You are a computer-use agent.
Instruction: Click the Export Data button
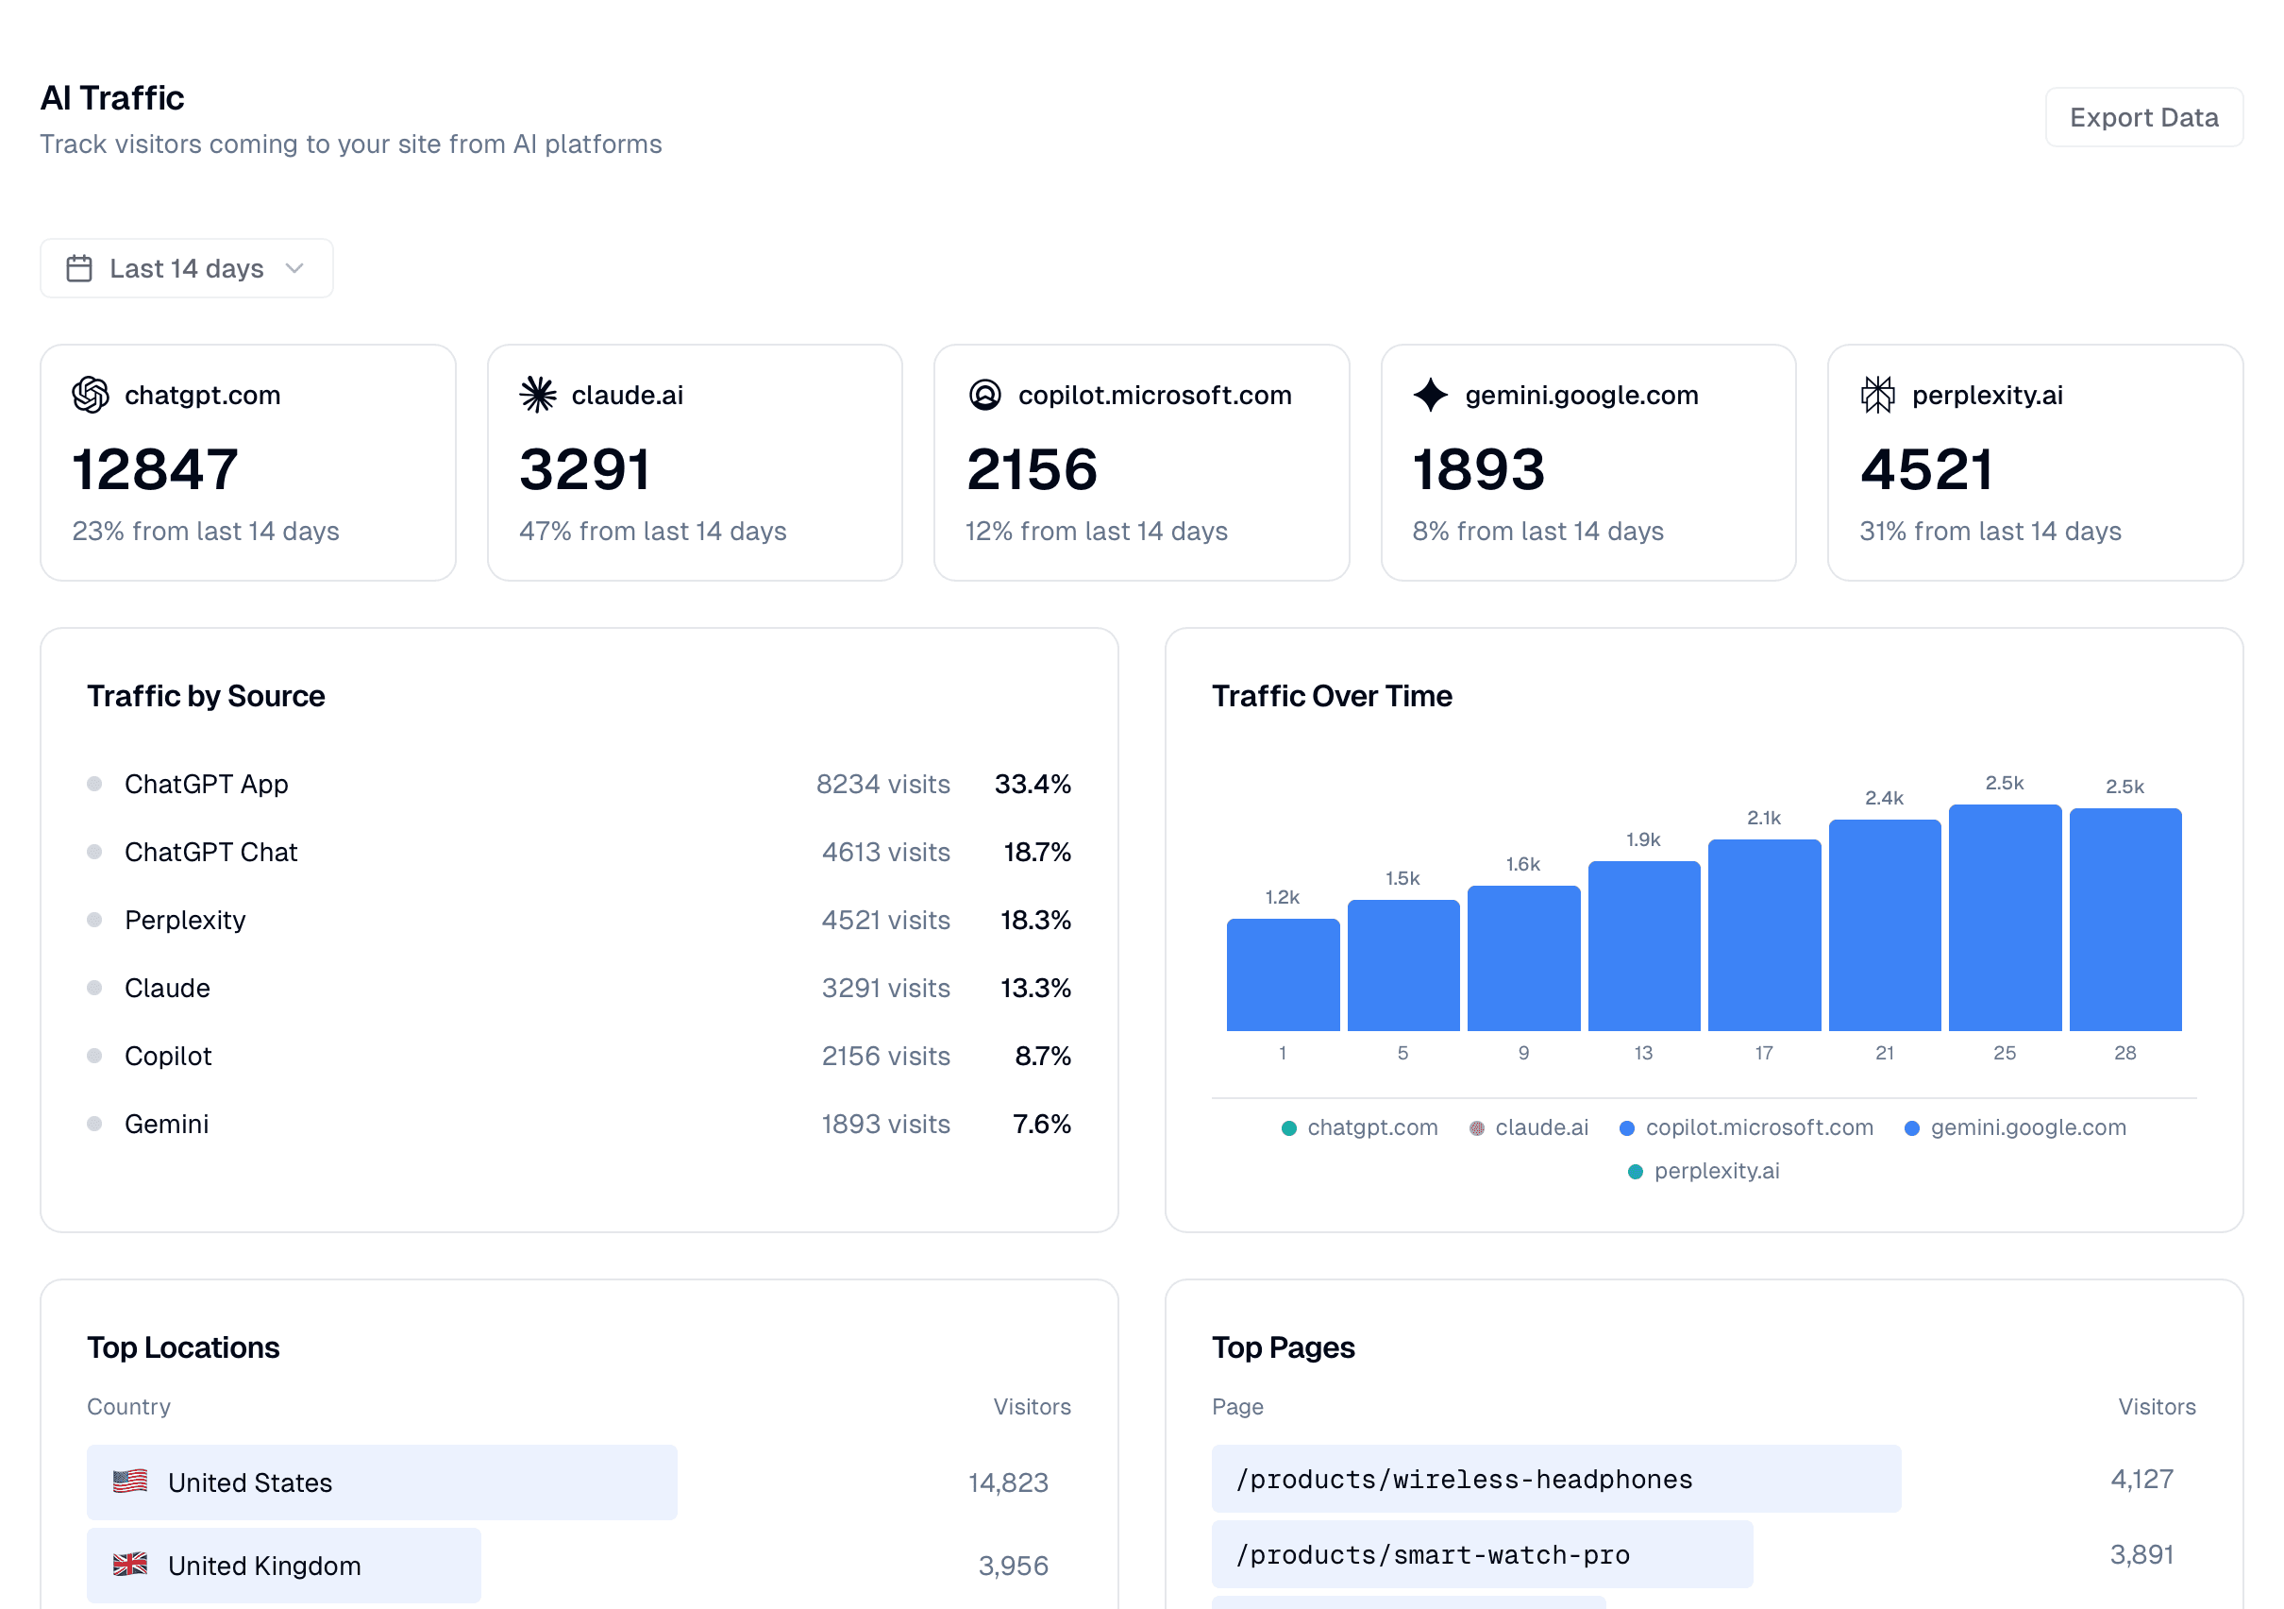(x=2142, y=117)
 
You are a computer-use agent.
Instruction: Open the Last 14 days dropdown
(x=186, y=269)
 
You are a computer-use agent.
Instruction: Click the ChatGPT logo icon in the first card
(x=91, y=395)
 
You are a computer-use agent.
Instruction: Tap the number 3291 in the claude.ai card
(x=585, y=469)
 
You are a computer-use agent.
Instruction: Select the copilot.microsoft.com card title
(x=1154, y=395)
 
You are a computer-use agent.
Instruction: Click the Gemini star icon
(x=1431, y=395)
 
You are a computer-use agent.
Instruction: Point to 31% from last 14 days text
(x=1990, y=532)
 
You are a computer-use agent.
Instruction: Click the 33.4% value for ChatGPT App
(x=1032, y=784)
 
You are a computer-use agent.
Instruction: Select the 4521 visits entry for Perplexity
(x=885, y=921)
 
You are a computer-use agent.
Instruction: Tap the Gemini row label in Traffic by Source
(x=166, y=1125)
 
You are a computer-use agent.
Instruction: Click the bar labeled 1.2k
(x=1283, y=975)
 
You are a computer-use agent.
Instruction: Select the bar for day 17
(x=1764, y=936)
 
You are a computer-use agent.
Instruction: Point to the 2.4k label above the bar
(x=1884, y=798)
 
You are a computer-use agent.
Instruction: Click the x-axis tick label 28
(x=2124, y=1053)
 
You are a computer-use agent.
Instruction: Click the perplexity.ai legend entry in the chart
(x=1705, y=1171)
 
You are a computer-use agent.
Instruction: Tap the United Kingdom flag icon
(x=130, y=1566)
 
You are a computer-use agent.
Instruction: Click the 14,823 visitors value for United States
(x=1008, y=1482)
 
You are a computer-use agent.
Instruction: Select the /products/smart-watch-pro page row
(x=1481, y=1555)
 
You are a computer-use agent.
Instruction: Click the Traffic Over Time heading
(x=1331, y=696)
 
